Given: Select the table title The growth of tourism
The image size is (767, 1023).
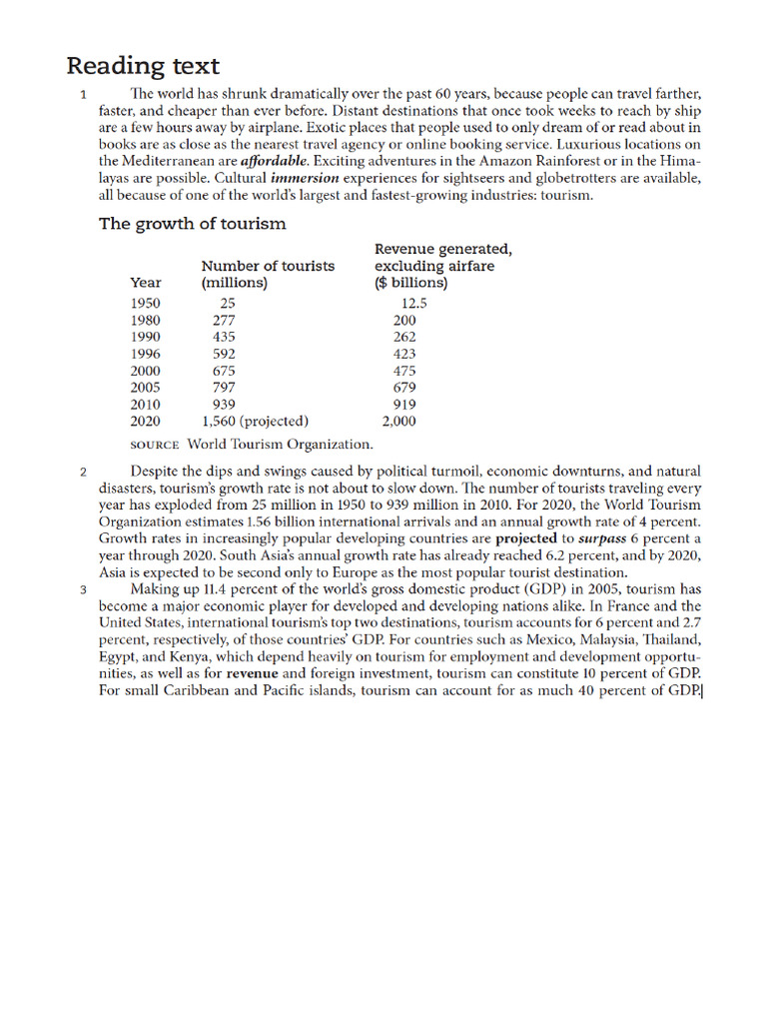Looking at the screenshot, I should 192,224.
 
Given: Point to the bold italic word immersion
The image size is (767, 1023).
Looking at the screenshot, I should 305,178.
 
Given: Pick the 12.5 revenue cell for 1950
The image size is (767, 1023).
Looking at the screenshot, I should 413,303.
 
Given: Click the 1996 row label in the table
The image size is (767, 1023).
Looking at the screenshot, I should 146,354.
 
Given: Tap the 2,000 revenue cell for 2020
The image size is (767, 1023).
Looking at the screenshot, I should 399,421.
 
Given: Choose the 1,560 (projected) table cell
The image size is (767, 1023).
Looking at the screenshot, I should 255,421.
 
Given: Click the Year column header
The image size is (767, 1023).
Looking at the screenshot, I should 146,283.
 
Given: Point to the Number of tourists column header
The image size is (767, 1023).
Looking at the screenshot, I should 268,266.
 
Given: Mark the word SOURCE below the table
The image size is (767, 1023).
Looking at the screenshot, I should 155,445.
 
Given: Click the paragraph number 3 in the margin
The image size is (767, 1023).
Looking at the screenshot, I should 83,590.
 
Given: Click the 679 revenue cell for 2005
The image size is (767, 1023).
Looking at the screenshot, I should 404,388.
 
